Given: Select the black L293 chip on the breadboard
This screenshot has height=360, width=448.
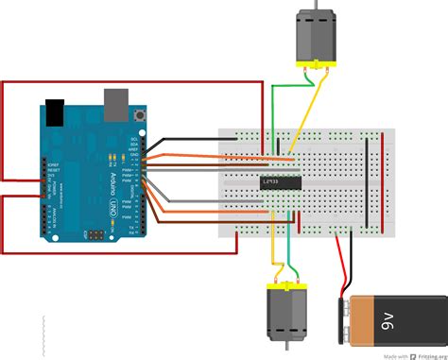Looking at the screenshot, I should pyautogui.click(x=281, y=181).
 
